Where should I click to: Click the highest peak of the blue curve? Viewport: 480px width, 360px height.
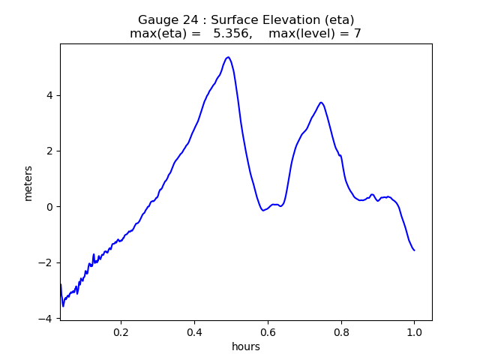click(228, 57)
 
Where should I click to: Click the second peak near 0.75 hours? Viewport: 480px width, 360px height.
click(321, 103)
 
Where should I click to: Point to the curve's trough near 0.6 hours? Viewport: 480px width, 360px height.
click(263, 210)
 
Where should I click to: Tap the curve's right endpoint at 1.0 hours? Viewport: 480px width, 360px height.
click(414, 250)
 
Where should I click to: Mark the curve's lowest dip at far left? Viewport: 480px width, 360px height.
click(63, 306)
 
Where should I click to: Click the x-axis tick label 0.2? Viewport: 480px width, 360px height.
click(121, 331)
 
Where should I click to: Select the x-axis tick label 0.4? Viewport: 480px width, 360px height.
click(194, 331)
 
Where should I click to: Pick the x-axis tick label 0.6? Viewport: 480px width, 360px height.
click(268, 331)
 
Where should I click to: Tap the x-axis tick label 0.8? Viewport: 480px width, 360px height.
click(341, 331)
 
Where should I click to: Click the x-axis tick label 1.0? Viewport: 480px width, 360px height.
click(414, 331)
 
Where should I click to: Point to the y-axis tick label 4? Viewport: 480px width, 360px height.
click(49, 95)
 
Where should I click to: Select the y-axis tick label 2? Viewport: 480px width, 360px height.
click(49, 151)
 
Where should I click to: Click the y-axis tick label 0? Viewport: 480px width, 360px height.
click(49, 207)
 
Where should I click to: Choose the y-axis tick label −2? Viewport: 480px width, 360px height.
click(46, 262)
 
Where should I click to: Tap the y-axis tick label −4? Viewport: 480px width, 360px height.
click(46, 318)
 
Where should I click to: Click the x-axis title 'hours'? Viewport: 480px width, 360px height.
click(246, 346)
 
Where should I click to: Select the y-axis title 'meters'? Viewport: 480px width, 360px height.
click(28, 183)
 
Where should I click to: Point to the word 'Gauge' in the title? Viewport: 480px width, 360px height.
click(156, 20)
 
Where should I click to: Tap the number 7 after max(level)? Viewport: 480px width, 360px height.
click(357, 34)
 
